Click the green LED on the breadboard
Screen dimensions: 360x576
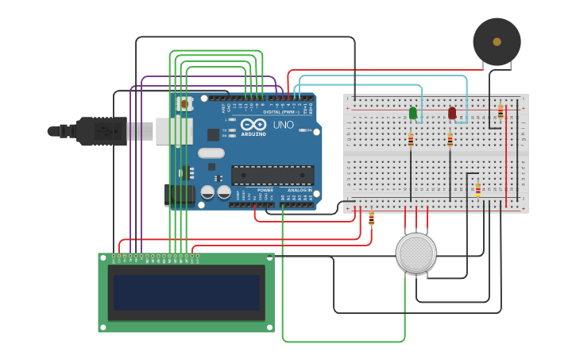coord(413,113)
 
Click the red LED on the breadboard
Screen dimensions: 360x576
coord(452,113)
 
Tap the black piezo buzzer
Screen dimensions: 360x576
coord(497,41)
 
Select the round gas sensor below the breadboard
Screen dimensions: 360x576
coord(416,253)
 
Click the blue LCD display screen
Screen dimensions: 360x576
coord(187,292)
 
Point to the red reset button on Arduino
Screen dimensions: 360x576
coord(184,103)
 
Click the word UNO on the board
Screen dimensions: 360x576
coord(284,126)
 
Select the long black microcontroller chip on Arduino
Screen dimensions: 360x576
coord(272,175)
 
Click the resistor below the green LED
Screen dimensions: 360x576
coord(411,140)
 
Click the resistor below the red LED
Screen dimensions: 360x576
coord(450,140)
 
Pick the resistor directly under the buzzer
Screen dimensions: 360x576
coord(501,112)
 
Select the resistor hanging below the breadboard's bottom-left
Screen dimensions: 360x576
coord(371,218)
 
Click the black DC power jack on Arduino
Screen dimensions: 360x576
coord(179,195)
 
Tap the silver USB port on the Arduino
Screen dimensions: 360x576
coord(173,131)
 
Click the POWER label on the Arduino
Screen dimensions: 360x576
coord(265,191)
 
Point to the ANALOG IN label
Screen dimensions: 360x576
coord(300,191)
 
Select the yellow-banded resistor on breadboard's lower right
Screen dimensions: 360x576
coord(477,189)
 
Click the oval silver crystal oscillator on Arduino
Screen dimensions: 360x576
coord(211,153)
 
